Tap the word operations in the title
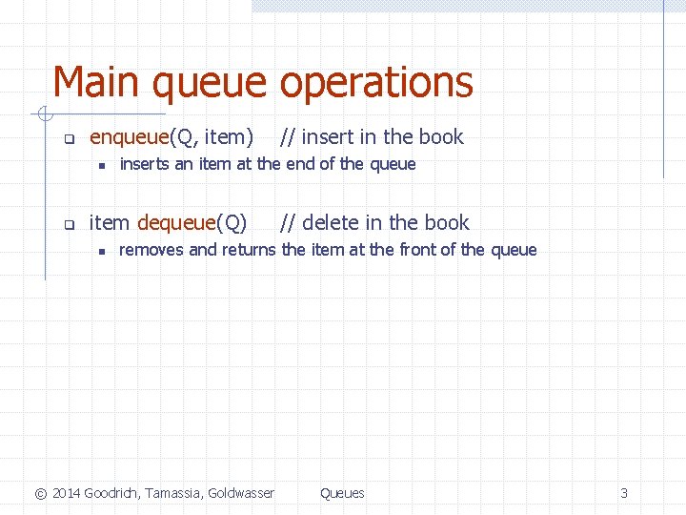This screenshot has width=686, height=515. pyautogui.click(x=376, y=84)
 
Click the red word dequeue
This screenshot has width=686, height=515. pyautogui.click(x=177, y=223)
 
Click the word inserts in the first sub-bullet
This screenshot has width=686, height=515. pyautogui.click(x=144, y=164)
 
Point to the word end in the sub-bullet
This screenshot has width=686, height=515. pyautogui.click(x=300, y=164)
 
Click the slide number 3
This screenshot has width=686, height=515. pyautogui.click(x=624, y=493)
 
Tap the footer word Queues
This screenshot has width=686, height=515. pyautogui.click(x=342, y=493)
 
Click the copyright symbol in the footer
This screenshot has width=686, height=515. pyautogui.click(x=40, y=493)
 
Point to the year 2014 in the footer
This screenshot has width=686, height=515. pyautogui.click(x=66, y=493)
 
